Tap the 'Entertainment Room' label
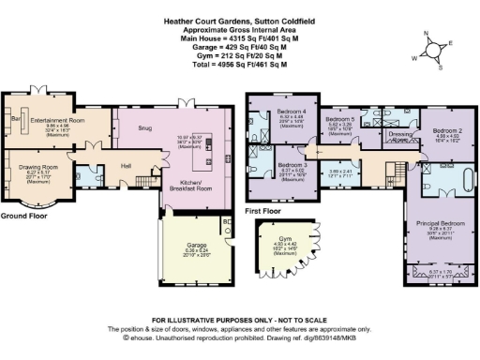[x=57, y=121]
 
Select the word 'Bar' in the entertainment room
[x=15, y=120]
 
